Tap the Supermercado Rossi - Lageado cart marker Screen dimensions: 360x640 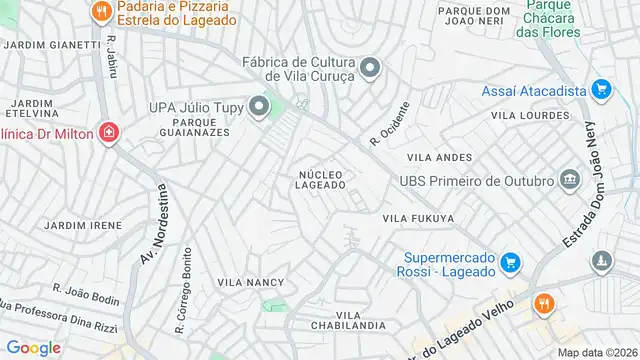(x=510, y=263)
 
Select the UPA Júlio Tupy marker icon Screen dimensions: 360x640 (x=260, y=106)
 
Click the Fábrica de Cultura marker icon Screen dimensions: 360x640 (x=371, y=68)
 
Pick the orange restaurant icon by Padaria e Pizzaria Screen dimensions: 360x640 (x=100, y=12)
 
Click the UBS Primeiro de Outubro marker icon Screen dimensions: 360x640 (x=570, y=180)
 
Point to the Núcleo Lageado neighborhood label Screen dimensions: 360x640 (x=321, y=180)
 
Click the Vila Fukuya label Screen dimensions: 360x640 (x=418, y=218)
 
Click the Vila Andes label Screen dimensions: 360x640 (x=439, y=158)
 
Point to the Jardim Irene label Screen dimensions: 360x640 (x=84, y=226)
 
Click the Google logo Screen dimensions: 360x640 (x=33, y=347)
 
